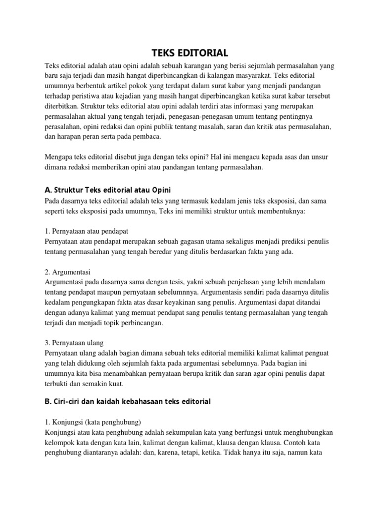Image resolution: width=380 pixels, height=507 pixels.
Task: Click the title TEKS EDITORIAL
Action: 190,52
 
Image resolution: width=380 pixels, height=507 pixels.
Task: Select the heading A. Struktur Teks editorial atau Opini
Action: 107,190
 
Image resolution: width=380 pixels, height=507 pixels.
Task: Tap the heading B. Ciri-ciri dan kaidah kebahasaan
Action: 128,401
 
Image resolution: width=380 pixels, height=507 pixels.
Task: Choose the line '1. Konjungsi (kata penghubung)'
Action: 93,422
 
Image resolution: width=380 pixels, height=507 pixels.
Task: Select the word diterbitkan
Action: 61,106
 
